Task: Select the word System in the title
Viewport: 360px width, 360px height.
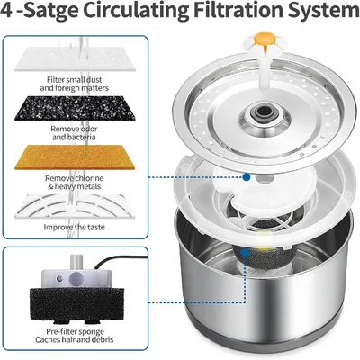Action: (324, 10)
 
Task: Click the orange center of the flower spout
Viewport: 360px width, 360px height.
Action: (259, 38)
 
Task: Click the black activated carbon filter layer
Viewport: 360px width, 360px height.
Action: (75, 108)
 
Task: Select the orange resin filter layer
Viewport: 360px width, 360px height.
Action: (75, 157)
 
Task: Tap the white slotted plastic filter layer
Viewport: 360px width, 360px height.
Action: (75, 206)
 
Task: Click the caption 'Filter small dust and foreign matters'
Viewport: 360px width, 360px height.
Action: (75, 84)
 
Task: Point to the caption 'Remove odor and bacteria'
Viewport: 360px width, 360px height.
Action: (74, 133)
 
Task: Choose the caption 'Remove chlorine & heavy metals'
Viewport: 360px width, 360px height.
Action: (75, 182)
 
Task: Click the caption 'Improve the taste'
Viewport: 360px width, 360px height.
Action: (75, 227)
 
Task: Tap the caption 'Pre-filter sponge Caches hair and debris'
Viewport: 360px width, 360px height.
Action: (75, 336)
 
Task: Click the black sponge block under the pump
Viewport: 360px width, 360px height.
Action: (75, 304)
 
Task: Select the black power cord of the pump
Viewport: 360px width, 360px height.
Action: (120, 260)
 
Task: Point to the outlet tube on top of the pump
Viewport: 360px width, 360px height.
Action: (76, 262)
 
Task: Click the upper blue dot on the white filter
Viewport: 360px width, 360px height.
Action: (247, 177)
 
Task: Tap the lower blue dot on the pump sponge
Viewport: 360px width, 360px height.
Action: (246, 253)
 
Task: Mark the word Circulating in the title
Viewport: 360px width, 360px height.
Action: (139, 10)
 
